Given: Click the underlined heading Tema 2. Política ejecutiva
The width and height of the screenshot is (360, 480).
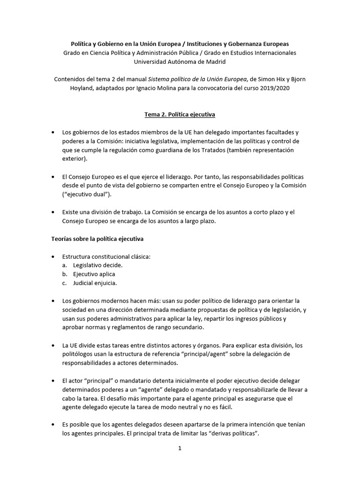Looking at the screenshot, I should (180, 114).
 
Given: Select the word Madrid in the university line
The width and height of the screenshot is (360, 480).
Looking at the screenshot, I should (216, 61).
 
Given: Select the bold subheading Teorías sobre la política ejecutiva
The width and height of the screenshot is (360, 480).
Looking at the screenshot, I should (97, 239).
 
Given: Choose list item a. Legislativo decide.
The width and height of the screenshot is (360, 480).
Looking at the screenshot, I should (94, 265).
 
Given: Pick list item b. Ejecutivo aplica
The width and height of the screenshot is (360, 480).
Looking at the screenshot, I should (90, 274).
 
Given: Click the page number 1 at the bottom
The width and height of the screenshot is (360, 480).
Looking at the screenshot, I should (180, 448).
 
